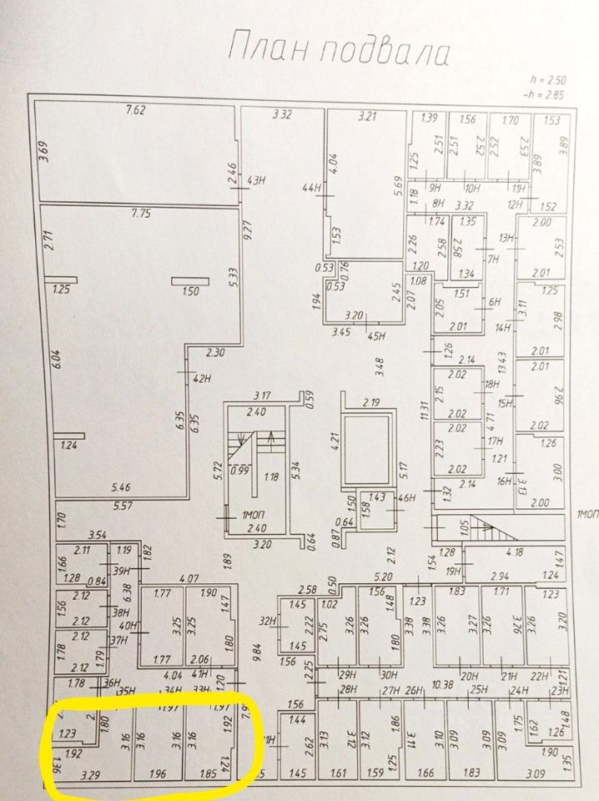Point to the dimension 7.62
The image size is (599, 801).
136,109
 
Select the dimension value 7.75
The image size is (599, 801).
140,214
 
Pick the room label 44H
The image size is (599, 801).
313,189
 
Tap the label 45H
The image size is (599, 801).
375,336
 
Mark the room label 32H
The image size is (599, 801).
267,620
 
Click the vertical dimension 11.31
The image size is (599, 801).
424,409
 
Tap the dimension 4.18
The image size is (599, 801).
516,552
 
